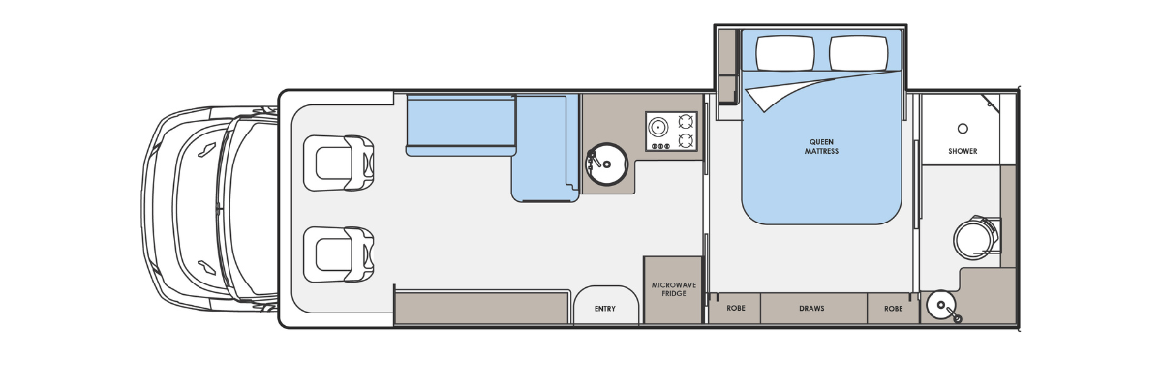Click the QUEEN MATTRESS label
821,147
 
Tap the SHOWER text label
963,151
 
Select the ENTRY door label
605,309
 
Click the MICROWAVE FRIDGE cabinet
673,290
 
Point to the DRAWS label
811,309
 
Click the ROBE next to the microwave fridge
736,309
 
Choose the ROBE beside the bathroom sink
893,309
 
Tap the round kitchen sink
606,164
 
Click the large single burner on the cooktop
658,127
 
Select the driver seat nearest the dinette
339,164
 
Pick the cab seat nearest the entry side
339,254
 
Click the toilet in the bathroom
976,238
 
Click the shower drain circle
963,128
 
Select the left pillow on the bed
785,52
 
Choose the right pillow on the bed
859,52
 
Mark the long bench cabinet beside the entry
482,309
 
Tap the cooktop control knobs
658,146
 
